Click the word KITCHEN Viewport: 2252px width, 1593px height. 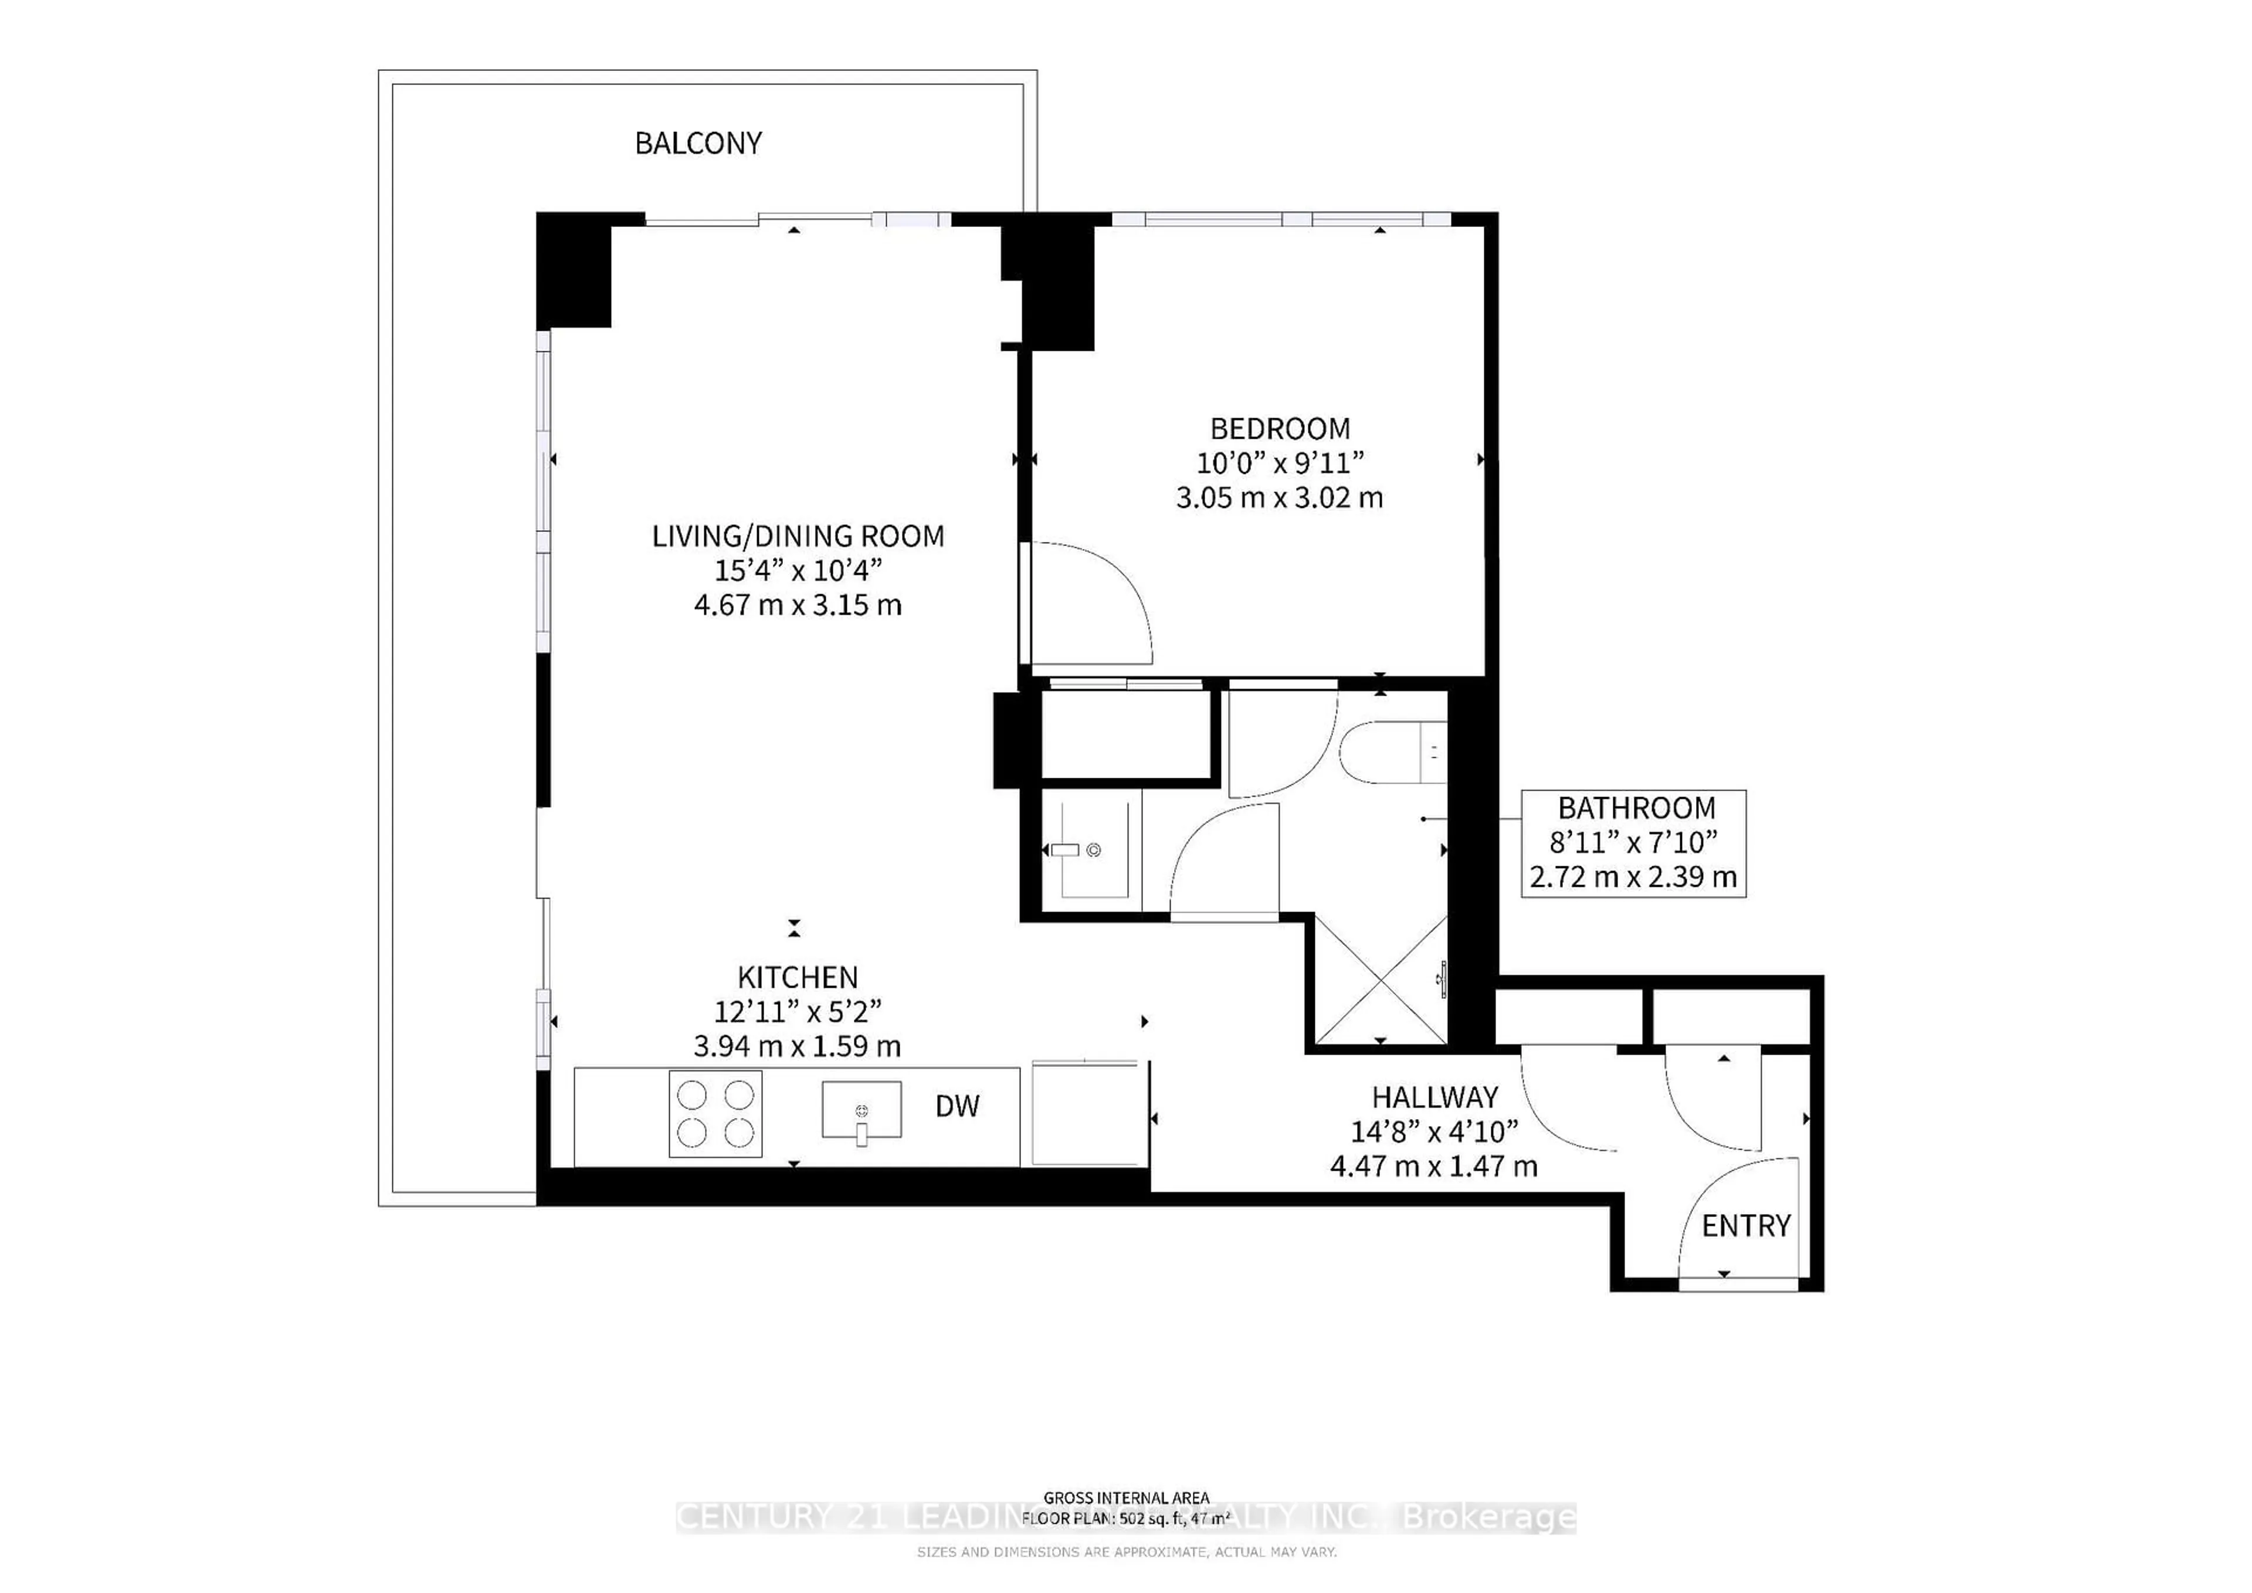798,977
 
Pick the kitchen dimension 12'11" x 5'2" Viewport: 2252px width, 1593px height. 798,1011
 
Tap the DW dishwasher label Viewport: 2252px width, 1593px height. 957,1106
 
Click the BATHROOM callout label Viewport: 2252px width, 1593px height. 1636,808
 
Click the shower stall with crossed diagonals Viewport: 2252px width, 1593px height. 1380,980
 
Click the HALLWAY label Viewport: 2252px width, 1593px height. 1434,1097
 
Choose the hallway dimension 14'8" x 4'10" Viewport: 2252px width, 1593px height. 1434,1132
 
